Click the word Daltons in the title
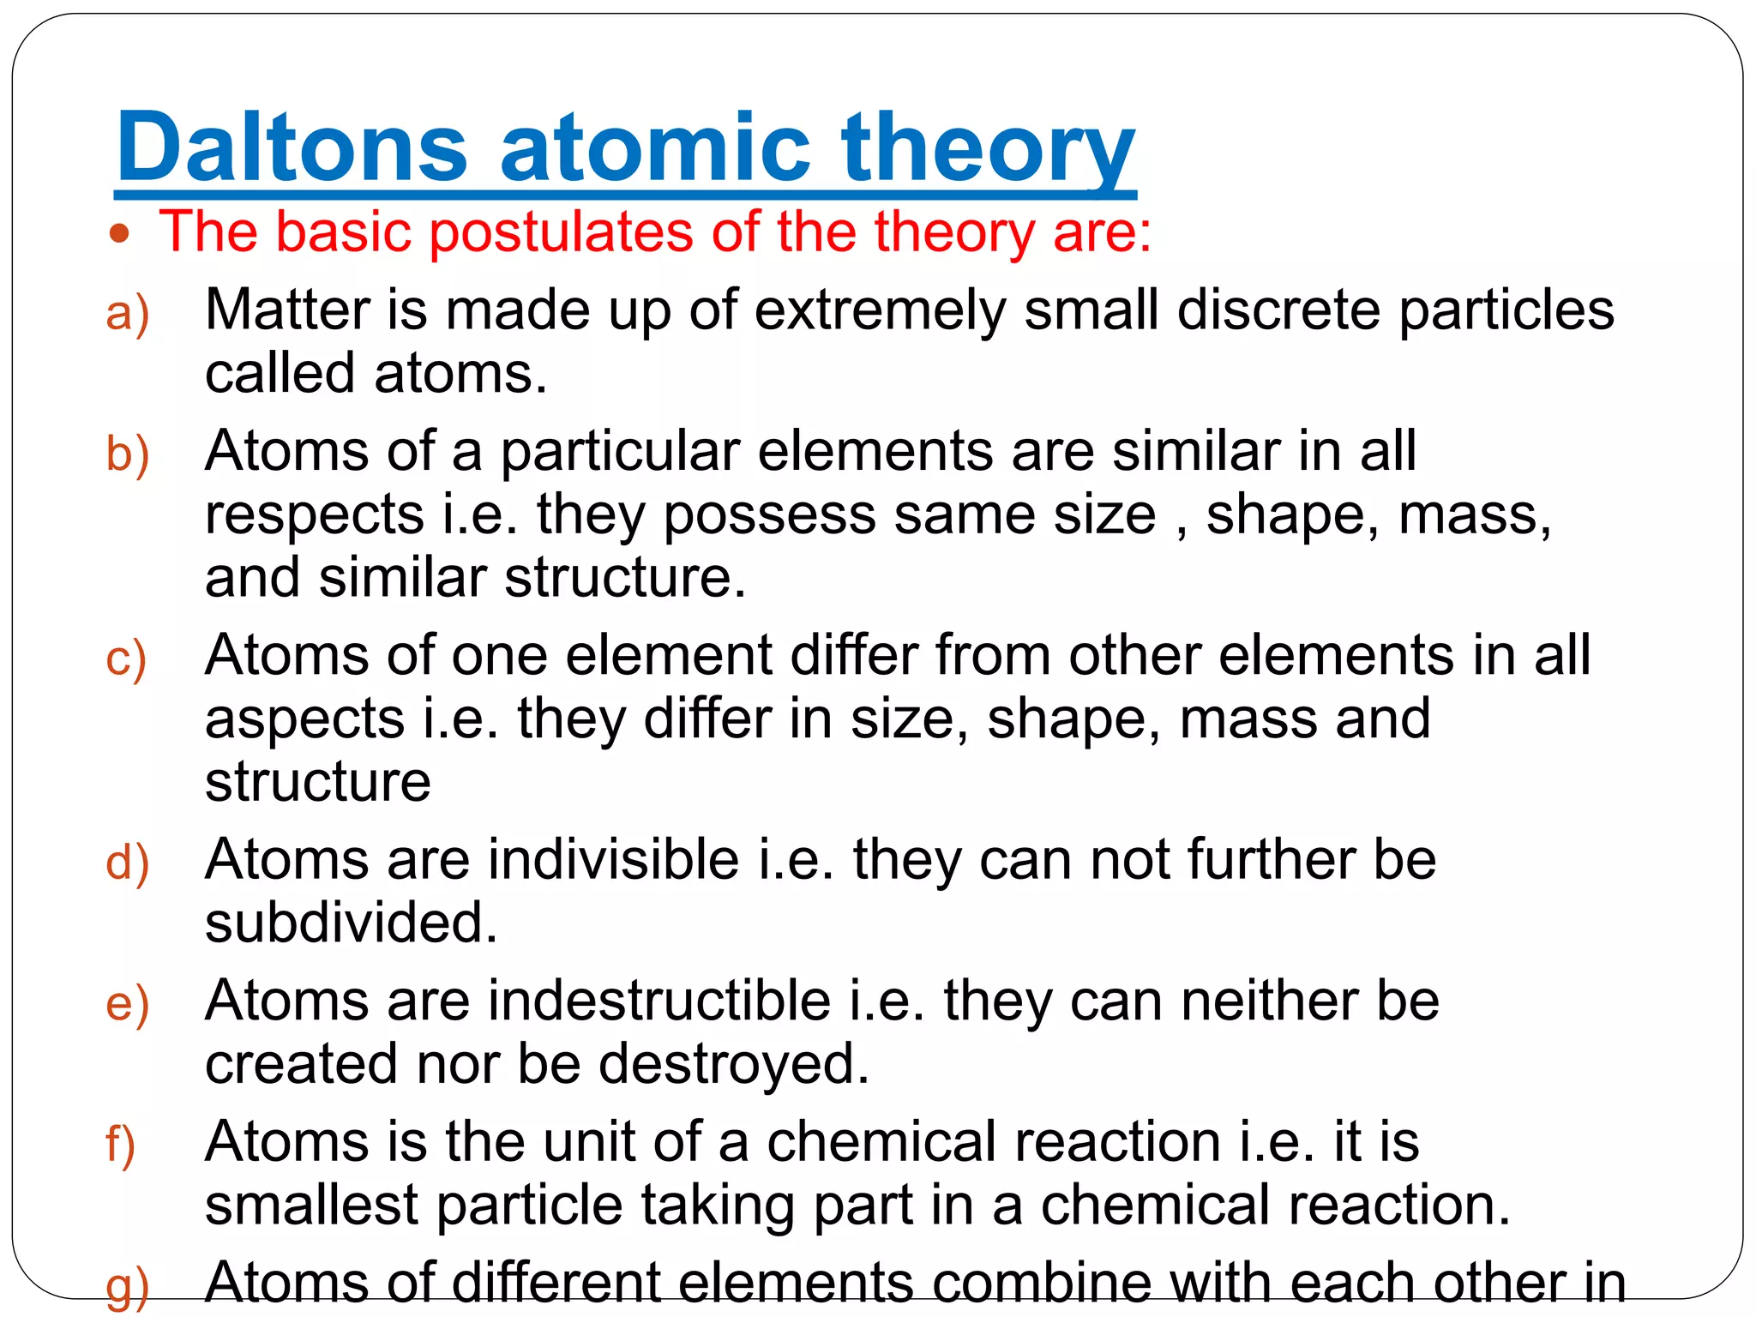coord(292,147)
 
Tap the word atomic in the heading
coord(655,147)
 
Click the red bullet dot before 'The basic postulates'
coord(120,233)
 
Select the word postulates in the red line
coord(560,233)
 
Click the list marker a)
coord(127,313)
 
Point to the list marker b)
coord(127,454)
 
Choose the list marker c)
coord(126,659)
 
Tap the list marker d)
coord(127,863)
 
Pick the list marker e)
coord(127,1004)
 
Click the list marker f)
coord(121,1145)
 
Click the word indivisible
coord(614,859)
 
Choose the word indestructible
coord(659,1001)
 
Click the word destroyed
coord(733,1065)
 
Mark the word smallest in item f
coord(310,1206)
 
